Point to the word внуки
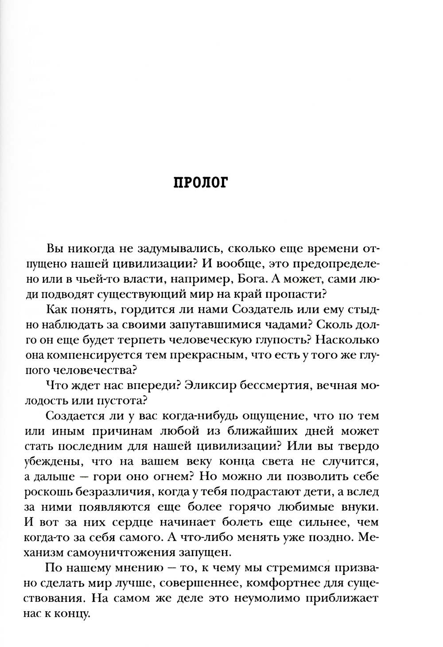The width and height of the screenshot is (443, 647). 358,507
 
